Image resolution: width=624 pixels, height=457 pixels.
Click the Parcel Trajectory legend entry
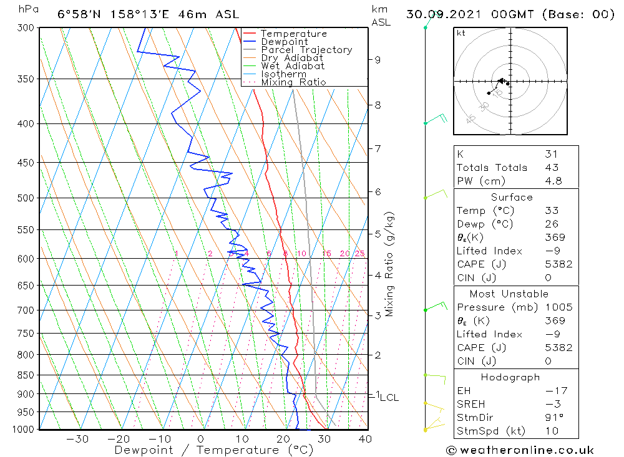306,50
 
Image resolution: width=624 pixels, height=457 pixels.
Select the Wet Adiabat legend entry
293,66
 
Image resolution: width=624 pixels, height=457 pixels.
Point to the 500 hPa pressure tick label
27,198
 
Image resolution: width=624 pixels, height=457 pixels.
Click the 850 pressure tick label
27,375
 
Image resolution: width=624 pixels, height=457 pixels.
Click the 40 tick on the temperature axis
365,439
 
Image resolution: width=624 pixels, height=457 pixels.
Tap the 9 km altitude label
378,60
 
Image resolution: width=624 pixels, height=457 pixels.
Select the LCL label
389,398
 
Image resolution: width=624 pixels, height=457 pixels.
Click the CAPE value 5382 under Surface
558,264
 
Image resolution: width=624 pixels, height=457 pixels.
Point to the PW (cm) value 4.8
553,181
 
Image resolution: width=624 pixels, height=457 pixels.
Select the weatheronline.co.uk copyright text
520,450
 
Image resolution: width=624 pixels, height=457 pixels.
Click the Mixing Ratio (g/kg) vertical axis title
389,264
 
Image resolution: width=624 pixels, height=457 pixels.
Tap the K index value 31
551,154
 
